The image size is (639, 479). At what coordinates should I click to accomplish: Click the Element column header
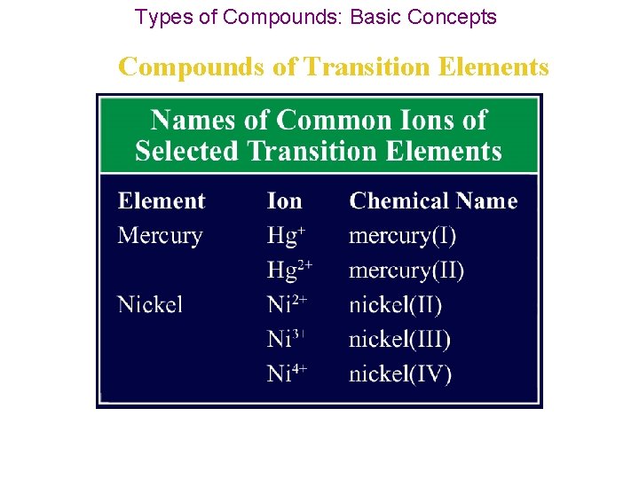click(162, 201)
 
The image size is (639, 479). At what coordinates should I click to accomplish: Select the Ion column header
click(284, 201)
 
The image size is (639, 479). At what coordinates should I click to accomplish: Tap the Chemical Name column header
click(433, 201)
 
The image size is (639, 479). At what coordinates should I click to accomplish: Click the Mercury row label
click(160, 236)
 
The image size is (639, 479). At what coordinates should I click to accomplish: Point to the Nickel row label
click(150, 305)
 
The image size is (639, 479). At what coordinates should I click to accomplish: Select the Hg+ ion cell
click(287, 236)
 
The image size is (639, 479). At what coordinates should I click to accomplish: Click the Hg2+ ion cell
click(290, 271)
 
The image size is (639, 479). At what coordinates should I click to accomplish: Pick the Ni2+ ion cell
click(288, 305)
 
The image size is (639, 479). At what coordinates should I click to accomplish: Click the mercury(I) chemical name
click(403, 236)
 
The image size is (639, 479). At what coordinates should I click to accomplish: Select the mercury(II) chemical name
click(406, 271)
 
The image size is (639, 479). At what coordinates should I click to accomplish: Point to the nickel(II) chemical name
click(395, 305)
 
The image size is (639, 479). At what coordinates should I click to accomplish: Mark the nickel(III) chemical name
click(399, 340)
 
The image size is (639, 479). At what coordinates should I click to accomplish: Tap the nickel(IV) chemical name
click(400, 373)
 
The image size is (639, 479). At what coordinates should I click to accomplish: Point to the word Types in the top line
click(160, 17)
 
